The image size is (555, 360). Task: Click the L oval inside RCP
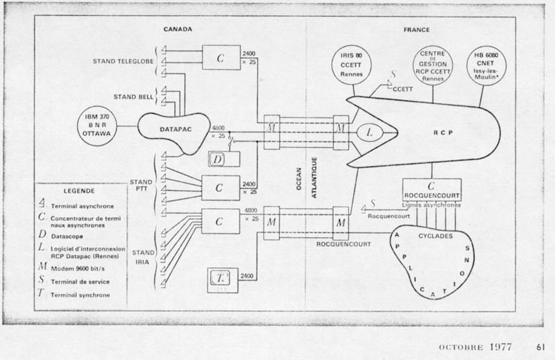tap(369, 130)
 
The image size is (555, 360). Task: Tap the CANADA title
tap(178, 30)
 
